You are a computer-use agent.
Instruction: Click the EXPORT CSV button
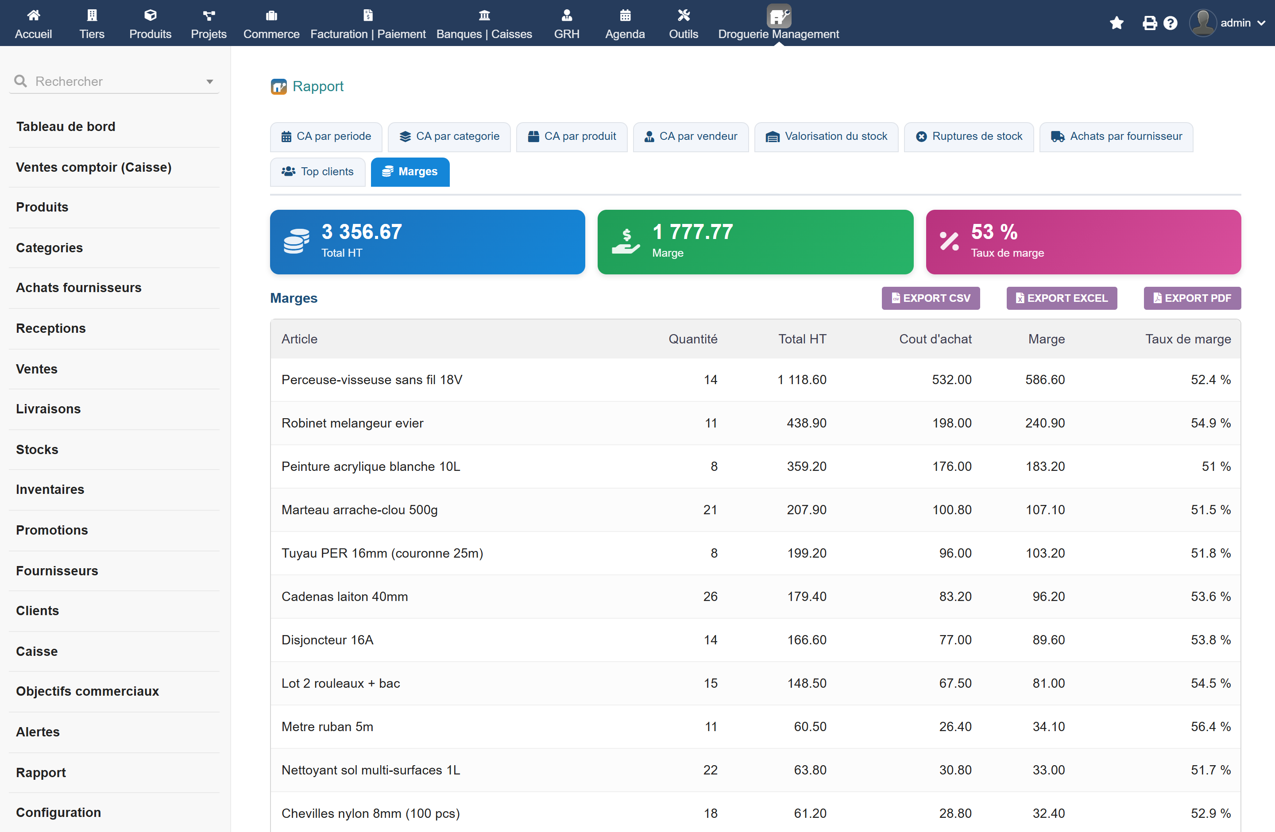[931, 298]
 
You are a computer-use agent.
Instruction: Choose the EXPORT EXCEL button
[1061, 298]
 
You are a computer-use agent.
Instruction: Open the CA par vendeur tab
[691, 136]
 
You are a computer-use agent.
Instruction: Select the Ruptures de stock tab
[969, 136]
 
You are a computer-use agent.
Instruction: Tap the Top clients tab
[318, 172]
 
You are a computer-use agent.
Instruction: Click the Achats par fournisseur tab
[1116, 136]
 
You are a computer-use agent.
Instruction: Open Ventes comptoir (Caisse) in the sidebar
[94, 167]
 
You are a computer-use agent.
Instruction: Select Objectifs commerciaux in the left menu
[87, 691]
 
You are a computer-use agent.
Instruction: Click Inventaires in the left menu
[50, 489]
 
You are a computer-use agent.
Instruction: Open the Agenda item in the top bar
[625, 23]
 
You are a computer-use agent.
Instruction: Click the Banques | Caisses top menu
[484, 23]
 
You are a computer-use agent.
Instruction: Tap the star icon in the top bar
[1117, 23]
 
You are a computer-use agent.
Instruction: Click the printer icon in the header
[1150, 23]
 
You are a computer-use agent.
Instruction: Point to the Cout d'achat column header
[935, 339]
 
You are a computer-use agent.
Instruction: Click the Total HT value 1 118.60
[801, 380]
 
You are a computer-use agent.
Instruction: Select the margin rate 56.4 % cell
[1210, 727]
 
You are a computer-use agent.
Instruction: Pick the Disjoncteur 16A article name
[327, 640]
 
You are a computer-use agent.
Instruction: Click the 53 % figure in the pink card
[994, 232]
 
